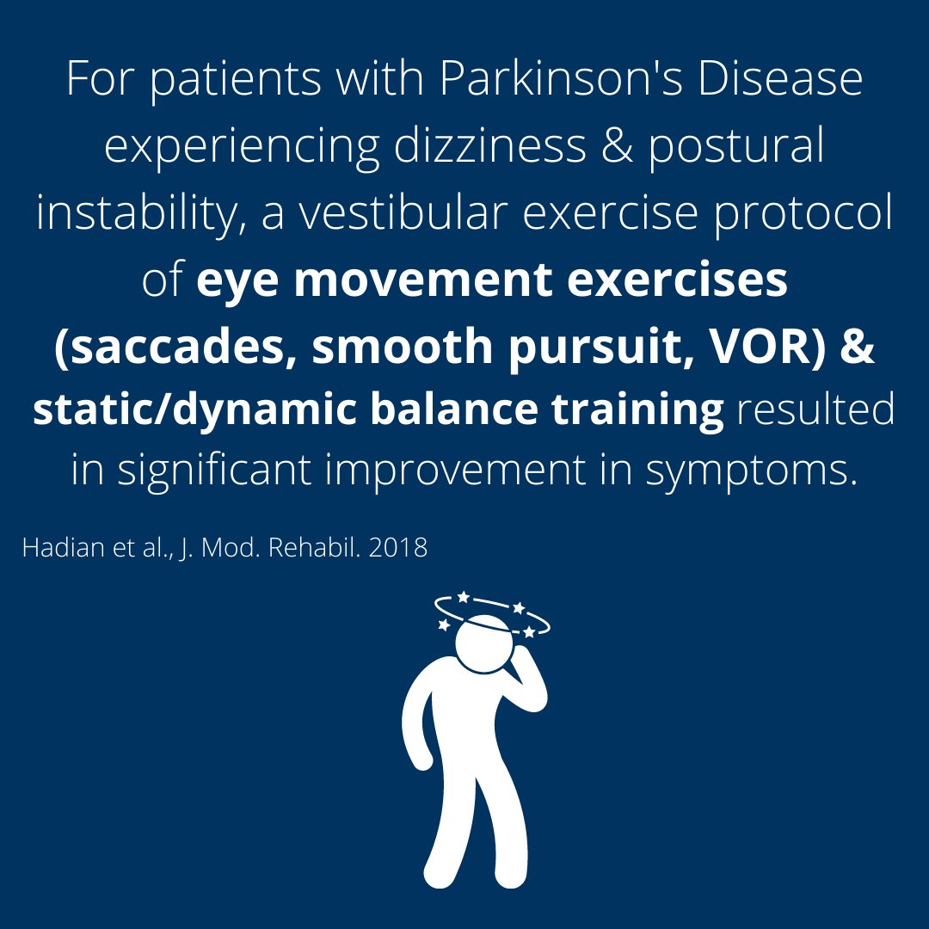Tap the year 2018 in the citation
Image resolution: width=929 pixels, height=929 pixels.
(x=397, y=549)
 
